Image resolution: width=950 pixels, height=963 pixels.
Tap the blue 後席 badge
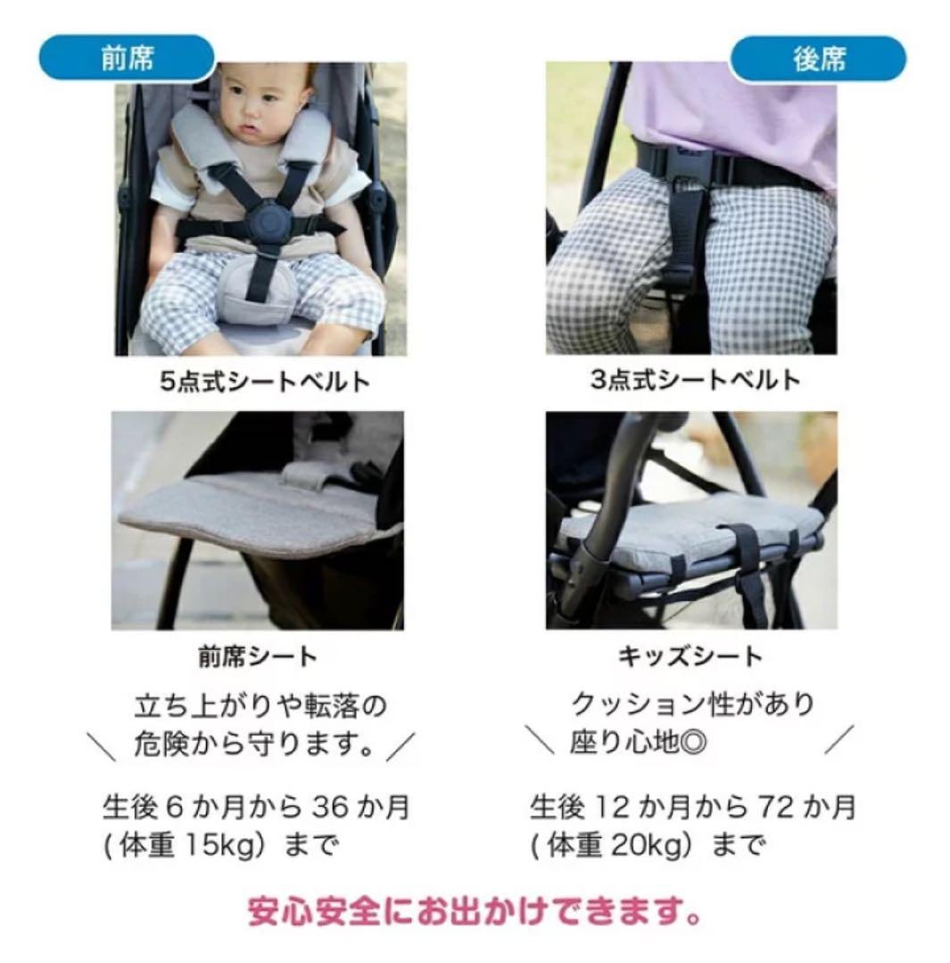(818, 60)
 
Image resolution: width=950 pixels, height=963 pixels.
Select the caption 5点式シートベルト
(264, 382)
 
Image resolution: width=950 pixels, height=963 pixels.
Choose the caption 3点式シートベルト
(696, 380)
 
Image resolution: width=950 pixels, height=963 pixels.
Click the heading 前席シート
(257, 657)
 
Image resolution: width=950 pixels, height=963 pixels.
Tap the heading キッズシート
(690, 657)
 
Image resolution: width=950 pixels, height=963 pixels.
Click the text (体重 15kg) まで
(227, 844)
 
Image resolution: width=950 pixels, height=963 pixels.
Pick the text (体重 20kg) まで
(648, 844)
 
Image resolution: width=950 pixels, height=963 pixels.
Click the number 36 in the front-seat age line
(331, 807)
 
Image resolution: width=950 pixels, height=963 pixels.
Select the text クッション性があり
(692, 704)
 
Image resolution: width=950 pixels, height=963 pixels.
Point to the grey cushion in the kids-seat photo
(696, 531)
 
